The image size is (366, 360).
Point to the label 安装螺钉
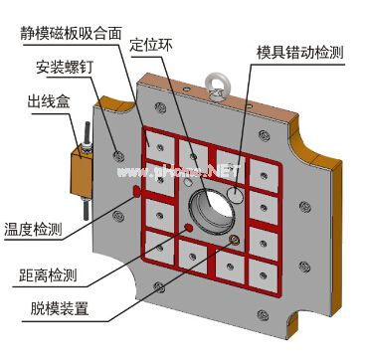point(63,69)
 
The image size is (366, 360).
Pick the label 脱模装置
point(53,308)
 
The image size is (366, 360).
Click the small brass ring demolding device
point(235,240)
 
